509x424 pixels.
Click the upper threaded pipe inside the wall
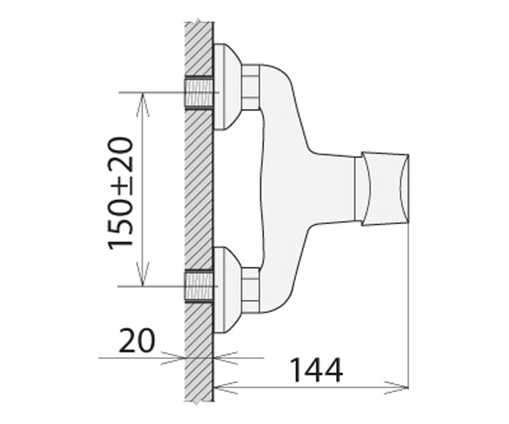coord(199,92)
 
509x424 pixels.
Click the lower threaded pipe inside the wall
coord(199,287)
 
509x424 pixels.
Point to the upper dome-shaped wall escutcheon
coord(226,87)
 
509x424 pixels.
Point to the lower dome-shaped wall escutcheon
coord(226,290)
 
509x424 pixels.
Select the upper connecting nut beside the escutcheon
coord(250,87)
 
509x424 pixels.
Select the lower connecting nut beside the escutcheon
coord(250,290)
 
